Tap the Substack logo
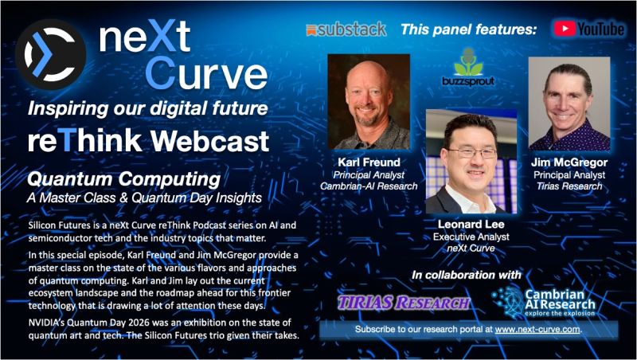tap(346, 29)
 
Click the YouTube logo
tap(589, 29)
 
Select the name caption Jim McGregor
tap(569, 163)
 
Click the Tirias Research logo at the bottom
tap(404, 303)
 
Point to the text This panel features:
tap(467, 29)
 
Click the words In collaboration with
tap(467, 275)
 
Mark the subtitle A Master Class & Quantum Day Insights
tap(142, 196)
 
